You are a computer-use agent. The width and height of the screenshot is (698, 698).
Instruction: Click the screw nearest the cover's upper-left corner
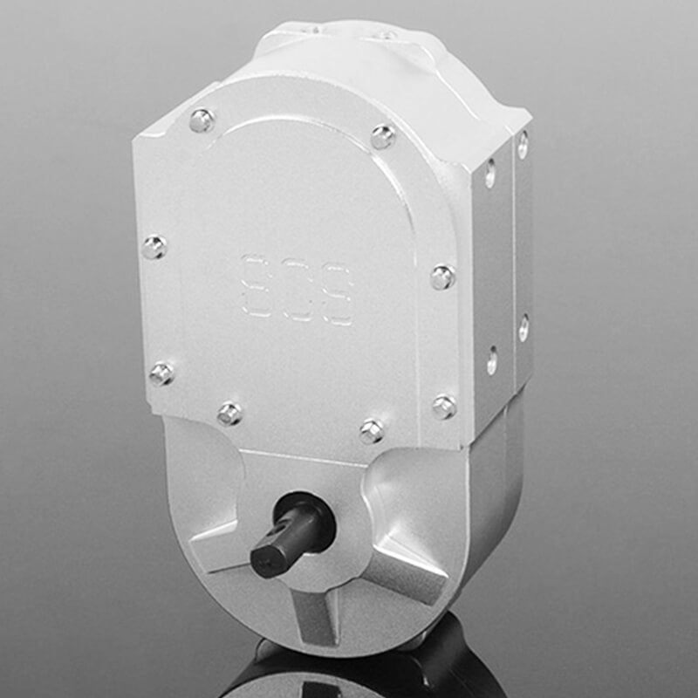point(202,120)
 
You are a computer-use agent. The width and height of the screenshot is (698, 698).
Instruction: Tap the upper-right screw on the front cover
point(382,137)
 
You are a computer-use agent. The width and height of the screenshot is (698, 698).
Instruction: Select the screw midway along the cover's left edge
point(154,247)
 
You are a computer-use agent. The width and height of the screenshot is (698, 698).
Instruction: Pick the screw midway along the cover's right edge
point(441,277)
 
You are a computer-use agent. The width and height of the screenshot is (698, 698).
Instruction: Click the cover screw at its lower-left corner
point(161,373)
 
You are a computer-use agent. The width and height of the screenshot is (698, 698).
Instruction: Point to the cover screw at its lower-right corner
point(443,406)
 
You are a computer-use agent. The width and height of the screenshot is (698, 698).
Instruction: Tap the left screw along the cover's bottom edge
point(229,413)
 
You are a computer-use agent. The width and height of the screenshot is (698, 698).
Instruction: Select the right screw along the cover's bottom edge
point(372,430)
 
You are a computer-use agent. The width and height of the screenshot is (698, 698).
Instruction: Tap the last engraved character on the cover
point(337,297)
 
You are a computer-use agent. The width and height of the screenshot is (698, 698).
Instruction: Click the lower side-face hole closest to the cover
point(492,359)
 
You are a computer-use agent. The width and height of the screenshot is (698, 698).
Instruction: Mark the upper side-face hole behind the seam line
point(522,145)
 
